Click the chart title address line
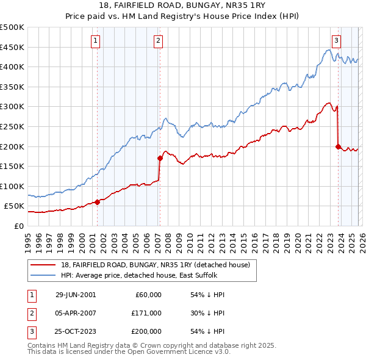pos(182,6)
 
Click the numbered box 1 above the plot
pos(96,41)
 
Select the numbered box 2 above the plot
pos(158,41)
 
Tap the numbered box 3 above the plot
pos(336,41)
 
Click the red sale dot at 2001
pos(98,202)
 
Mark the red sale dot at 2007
pos(160,158)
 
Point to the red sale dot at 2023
pos(338,146)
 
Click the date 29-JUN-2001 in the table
pos(76,294)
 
